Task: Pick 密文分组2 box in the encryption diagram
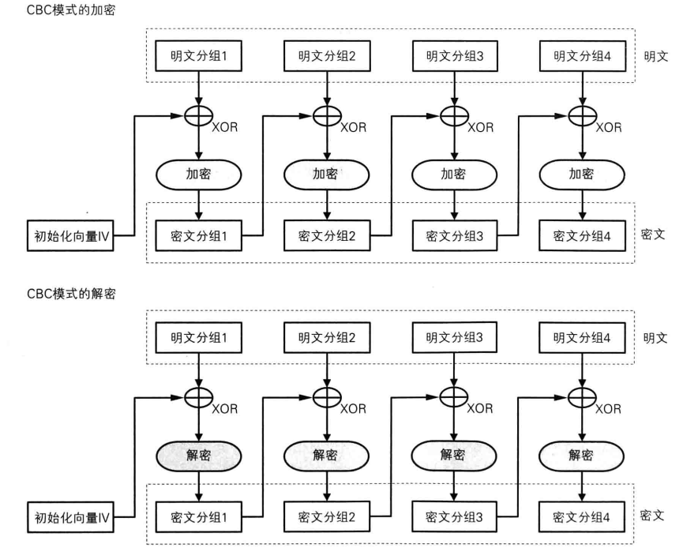point(325,235)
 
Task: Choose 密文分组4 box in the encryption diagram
point(582,235)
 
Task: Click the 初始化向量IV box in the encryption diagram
point(69,235)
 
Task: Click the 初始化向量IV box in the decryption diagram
point(69,519)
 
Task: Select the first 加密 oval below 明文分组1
point(197,175)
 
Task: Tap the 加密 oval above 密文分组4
point(582,175)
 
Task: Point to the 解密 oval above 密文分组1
point(197,456)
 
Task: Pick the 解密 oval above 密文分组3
point(453,456)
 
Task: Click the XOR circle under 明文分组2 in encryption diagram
point(325,115)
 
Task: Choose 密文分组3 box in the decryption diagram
point(453,518)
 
